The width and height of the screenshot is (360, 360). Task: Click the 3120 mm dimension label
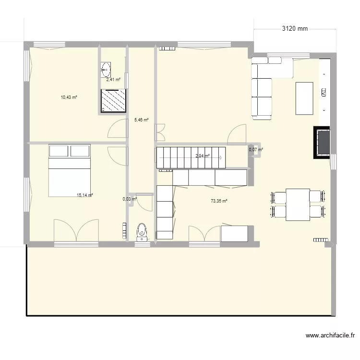[294, 29]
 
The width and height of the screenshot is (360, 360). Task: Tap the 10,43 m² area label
[69, 97]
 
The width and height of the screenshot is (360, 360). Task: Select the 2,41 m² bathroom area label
[113, 80]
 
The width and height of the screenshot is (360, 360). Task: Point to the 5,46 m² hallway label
[141, 120]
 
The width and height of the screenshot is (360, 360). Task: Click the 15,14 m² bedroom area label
[84, 195]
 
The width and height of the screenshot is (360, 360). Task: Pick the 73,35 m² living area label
[218, 201]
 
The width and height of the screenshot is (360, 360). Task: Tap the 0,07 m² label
[255, 150]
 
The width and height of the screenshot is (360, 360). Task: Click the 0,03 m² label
[130, 199]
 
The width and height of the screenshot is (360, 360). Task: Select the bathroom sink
[105, 70]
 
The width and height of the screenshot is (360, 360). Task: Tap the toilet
[142, 231]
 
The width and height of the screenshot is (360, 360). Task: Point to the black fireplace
[322, 142]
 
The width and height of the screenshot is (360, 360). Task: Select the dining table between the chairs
[298, 204]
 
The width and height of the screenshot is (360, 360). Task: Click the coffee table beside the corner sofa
[304, 98]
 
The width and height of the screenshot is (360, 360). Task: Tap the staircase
[191, 157]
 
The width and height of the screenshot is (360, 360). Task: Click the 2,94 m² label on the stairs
[203, 156]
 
